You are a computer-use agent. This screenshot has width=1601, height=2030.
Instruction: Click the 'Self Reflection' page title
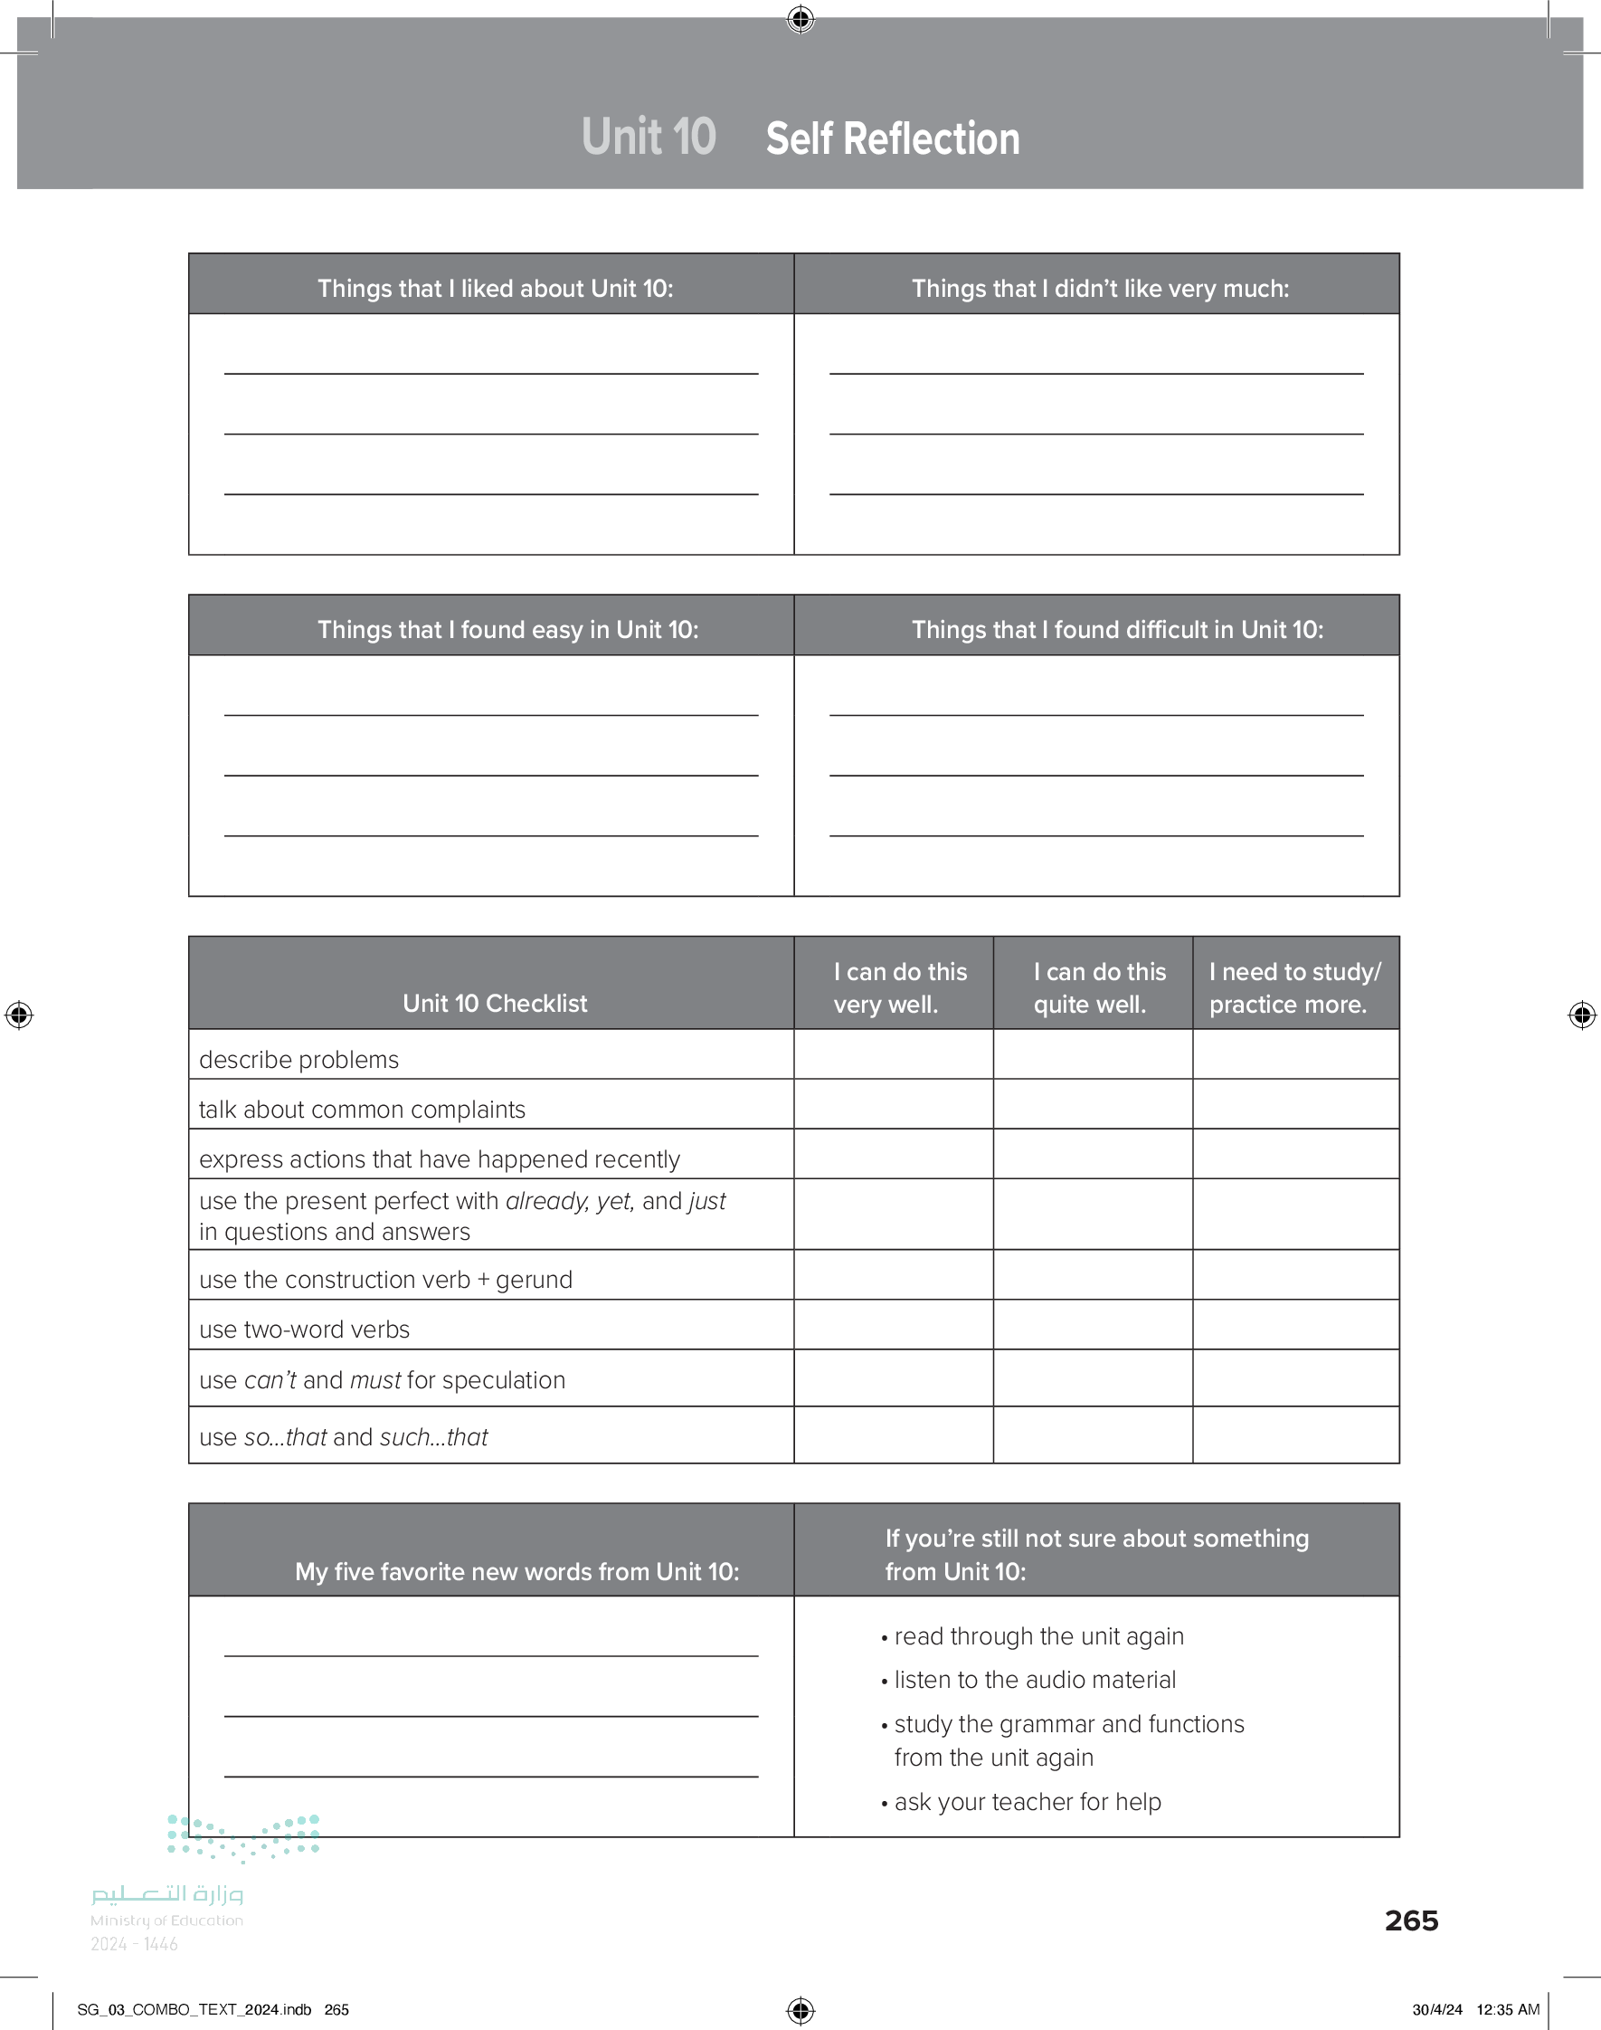pos(892,138)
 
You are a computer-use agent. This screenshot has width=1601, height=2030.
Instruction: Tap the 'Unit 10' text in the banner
pos(649,137)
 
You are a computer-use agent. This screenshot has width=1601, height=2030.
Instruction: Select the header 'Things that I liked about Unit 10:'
pos(495,289)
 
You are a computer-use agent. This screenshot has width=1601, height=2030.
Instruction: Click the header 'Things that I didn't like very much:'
pos(1100,289)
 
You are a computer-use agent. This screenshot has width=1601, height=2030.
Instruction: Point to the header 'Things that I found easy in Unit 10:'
pos(507,630)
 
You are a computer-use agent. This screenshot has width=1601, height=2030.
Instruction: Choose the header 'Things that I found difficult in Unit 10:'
pos(1117,630)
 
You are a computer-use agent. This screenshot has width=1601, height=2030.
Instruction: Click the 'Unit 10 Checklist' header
pos(495,1004)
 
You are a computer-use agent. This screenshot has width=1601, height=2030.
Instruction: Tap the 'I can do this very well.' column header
pos(899,987)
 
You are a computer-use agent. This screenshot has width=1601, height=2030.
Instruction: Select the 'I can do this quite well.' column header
pos(1099,987)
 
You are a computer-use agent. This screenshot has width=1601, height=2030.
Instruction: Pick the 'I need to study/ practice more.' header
pos(1294,987)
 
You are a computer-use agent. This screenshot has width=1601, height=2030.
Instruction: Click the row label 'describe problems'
pos(299,1060)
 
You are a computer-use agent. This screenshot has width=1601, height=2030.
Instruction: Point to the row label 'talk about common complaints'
pos(362,1110)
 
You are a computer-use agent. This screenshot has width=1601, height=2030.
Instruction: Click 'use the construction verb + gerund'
pos(385,1280)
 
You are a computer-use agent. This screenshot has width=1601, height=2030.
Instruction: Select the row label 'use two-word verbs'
pos(305,1330)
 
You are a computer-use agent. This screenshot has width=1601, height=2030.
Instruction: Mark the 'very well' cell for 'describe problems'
pos(894,1055)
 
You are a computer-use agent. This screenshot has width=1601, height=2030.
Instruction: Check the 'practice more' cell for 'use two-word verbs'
pos(1295,1325)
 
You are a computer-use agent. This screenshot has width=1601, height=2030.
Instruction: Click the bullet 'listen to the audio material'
pos(1035,1680)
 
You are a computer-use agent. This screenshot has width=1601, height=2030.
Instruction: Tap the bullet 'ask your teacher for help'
pos(1028,1801)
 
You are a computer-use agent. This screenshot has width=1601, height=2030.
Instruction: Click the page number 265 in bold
pos(1411,1920)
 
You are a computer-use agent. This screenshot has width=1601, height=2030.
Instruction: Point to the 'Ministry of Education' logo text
pos(166,1920)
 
